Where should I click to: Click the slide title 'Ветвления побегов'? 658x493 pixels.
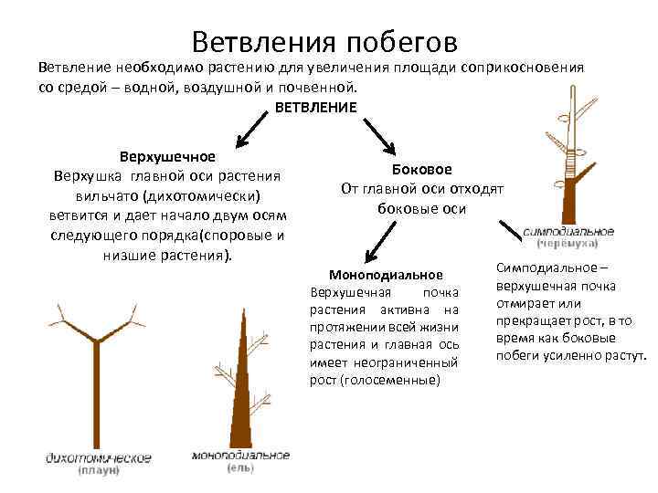pyautogui.click(x=324, y=40)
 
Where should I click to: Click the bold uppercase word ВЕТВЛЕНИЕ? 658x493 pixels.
pyautogui.click(x=315, y=107)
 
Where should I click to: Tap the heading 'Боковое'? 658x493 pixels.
pyautogui.click(x=421, y=169)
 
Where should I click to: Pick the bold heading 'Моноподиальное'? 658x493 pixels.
pyautogui.click(x=386, y=275)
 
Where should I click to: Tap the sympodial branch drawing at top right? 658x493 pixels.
pyautogui.click(x=569, y=155)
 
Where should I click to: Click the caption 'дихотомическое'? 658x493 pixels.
pyautogui.click(x=99, y=457)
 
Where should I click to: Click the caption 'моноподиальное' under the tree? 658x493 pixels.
pyautogui.click(x=241, y=455)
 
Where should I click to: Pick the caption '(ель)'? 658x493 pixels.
pyautogui.click(x=241, y=468)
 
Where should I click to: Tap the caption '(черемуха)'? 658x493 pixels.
pyautogui.click(x=568, y=245)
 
